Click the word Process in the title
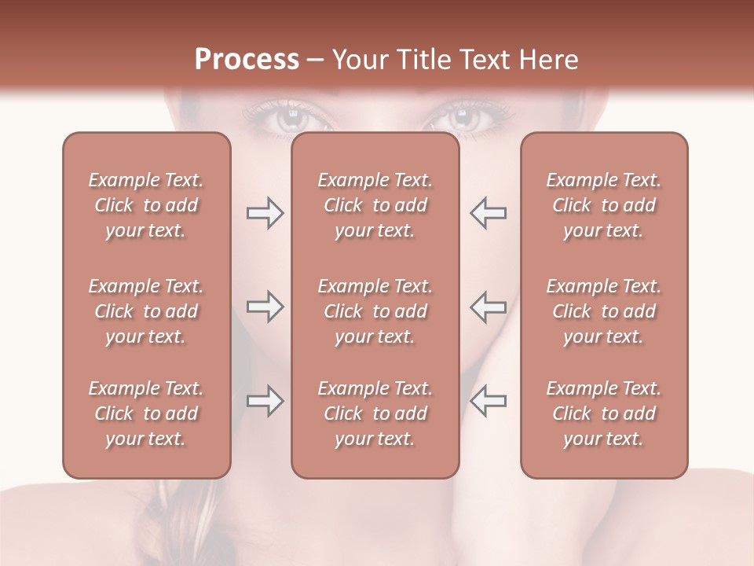pos(247,60)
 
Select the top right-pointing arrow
pos(265,213)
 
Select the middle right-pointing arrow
pos(265,307)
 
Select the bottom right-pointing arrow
pos(265,401)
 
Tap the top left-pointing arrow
pos(489,213)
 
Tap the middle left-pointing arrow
pos(489,307)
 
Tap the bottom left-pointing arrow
pos(489,401)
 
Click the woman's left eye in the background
pos(463,120)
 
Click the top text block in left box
pos(146,205)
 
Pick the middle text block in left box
pos(146,311)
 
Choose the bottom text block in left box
pos(146,413)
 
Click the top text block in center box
pos(375,205)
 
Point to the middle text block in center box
pos(375,311)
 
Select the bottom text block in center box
pos(375,413)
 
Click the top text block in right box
pos(604,205)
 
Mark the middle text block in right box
pos(604,311)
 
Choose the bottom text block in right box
pos(604,413)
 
